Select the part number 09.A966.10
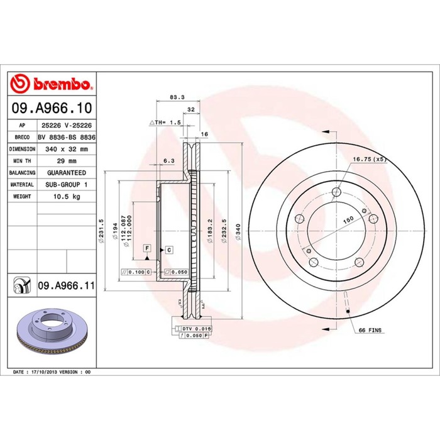pyautogui.click(x=52, y=108)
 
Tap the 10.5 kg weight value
pyautogui.click(x=67, y=196)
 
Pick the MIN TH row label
pyautogui.click(x=22, y=161)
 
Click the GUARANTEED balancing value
pyautogui.click(x=67, y=173)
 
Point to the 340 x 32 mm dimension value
pyautogui.click(x=67, y=150)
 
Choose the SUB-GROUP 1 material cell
pyautogui.click(x=67, y=185)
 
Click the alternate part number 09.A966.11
pyautogui.click(x=67, y=285)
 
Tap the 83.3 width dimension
pyautogui.click(x=177, y=97)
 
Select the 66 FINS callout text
pyautogui.click(x=370, y=330)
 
